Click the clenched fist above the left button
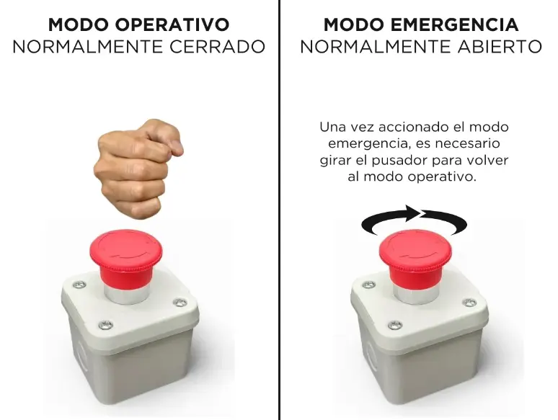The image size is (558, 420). (x=136, y=166)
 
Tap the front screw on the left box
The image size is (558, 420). (x=105, y=326)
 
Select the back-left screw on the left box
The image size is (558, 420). (x=79, y=285)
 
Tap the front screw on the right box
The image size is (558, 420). (x=394, y=325)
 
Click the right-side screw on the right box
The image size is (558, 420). (x=469, y=303)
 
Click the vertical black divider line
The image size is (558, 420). (x=279, y=216)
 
